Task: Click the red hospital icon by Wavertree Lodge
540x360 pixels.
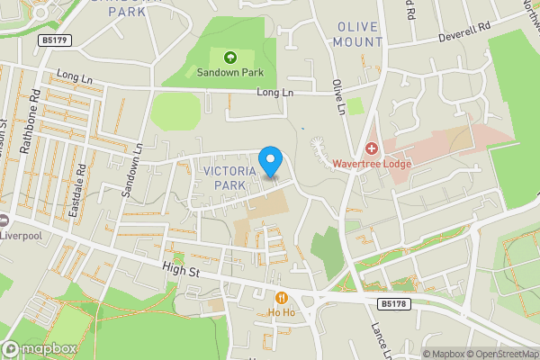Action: click(x=372, y=148)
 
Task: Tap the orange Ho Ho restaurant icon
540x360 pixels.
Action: click(x=282, y=298)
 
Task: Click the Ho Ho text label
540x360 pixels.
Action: click(x=282, y=312)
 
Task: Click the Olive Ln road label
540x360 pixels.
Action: click(x=339, y=97)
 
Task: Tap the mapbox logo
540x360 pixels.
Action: click(x=40, y=348)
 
